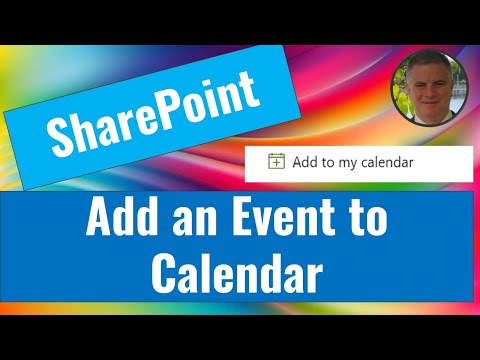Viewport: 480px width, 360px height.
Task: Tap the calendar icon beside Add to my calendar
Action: (x=276, y=162)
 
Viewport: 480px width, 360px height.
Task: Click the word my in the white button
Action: (x=347, y=163)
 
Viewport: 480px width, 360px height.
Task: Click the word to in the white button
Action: (x=328, y=162)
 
